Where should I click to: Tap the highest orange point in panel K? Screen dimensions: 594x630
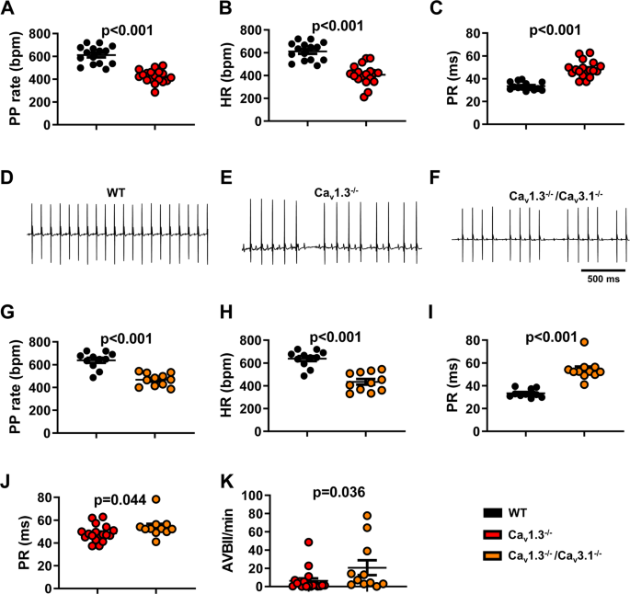pyautogui.click(x=366, y=516)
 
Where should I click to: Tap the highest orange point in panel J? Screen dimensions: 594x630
pyautogui.click(x=156, y=499)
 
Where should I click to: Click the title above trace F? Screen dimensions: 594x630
pyautogui.click(x=546, y=197)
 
